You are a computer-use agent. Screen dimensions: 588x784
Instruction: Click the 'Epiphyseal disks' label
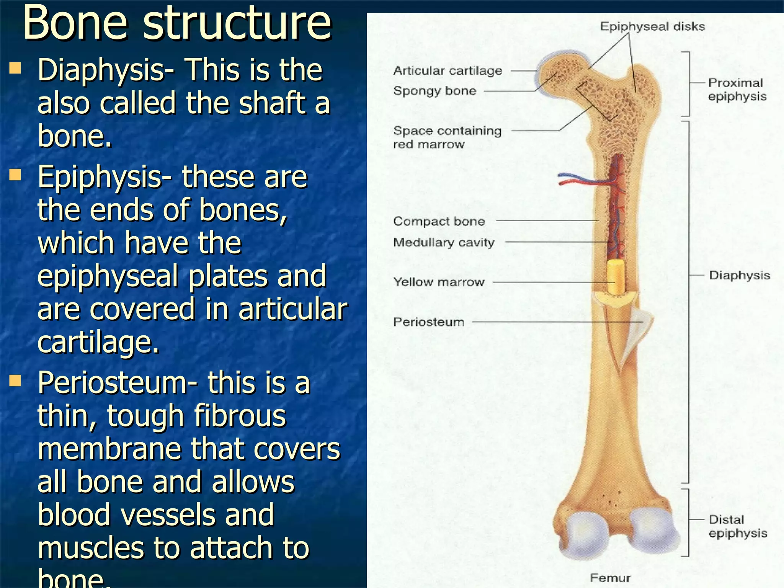tap(652, 26)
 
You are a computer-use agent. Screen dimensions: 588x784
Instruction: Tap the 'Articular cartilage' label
tap(448, 71)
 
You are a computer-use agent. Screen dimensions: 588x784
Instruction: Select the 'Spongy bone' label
tap(435, 91)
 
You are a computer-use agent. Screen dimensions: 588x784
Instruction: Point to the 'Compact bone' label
tap(439, 221)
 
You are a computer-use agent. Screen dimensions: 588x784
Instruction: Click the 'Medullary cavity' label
tap(444, 242)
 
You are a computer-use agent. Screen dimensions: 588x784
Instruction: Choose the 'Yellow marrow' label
tap(439, 282)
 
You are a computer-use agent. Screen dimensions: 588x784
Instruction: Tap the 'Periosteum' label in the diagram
tap(429, 322)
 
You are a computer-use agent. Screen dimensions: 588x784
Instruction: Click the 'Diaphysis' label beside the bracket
tap(739, 275)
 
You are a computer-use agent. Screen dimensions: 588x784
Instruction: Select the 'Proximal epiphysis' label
tap(737, 90)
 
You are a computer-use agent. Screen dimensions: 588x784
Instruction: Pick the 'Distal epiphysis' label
tap(737, 526)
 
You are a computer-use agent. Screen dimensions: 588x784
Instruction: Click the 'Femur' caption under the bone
tap(610, 578)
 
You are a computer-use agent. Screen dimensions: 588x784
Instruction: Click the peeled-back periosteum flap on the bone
tap(637, 329)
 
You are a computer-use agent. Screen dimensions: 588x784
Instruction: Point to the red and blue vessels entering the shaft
tap(578, 179)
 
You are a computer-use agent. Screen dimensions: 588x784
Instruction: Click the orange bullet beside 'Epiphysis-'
tap(15, 175)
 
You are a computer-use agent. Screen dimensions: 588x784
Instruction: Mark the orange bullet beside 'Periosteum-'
tap(15, 381)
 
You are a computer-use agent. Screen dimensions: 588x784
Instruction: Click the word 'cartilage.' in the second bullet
tap(98, 341)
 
